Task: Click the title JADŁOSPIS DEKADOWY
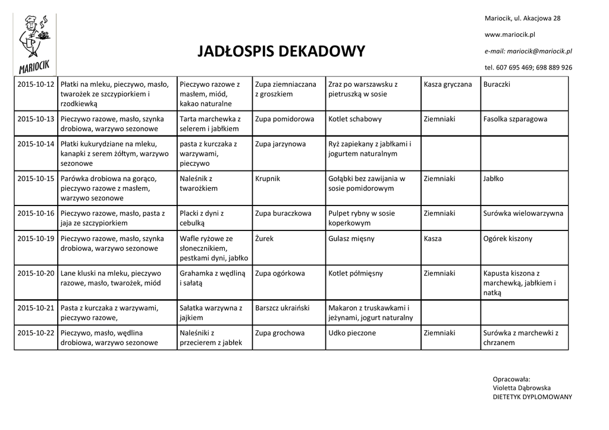pos(281,52)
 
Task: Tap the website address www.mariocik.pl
pos(510,34)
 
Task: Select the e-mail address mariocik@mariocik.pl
pos(528,51)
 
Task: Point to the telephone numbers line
pos(528,68)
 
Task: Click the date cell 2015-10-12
pos(36,84)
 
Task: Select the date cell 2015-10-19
pos(36,239)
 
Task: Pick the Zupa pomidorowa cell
pos(284,119)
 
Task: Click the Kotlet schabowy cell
pos(355,119)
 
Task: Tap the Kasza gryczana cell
pos(448,84)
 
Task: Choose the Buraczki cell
pos(497,84)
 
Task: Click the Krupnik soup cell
pos(268,178)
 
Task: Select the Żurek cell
pos(264,239)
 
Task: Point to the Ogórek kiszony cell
pos(508,239)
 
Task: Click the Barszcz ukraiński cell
pos(282,308)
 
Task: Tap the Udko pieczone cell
pos(352,333)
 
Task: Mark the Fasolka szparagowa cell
pos(515,119)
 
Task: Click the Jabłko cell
pos(494,178)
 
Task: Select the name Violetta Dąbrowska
pos(522,388)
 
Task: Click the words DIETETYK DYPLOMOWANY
pos(532,397)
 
